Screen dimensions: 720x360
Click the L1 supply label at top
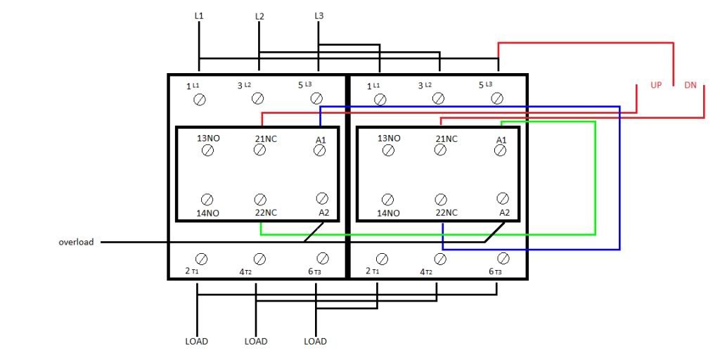coord(199,15)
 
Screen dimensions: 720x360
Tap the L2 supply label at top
coord(259,17)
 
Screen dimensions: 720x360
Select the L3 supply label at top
coord(319,15)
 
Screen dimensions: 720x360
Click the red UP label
coord(656,85)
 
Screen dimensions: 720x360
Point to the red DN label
coord(690,85)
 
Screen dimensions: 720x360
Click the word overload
coord(76,242)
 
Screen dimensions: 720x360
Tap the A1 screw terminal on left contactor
coord(320,150)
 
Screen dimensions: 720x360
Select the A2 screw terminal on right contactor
coord(503,198)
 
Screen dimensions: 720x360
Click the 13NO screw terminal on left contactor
coord(207,150)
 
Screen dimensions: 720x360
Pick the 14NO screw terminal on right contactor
coord(388,199)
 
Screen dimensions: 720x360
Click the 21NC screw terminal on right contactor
coord(440,150)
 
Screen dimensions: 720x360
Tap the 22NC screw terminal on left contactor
coord(260,199)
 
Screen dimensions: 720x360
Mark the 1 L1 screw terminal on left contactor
coord(200,100)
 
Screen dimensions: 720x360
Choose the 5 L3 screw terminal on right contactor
coord(497,98)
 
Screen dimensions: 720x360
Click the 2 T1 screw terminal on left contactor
coord(202,259)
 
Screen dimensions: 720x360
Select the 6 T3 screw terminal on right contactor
coord(503,257)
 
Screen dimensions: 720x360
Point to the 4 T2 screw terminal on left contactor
coord(260,259)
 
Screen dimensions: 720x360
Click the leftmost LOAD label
coord(197,342)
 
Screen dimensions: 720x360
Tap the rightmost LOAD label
coord(316,342)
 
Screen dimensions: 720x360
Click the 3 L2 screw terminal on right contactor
coord(439,98)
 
